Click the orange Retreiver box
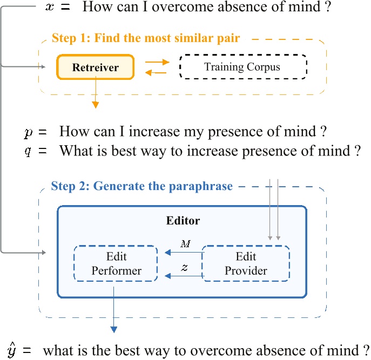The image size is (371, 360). click(x=95, y=68)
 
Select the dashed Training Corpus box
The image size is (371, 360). click(x=242, y=67)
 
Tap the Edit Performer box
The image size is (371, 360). click(x=116, y=263)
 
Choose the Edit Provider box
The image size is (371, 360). click(x=246, y=263)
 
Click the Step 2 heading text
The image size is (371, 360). click(x=141, y=187)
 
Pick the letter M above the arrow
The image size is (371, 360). click(x=185, y=244)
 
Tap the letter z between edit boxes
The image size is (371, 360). click(x=185, y=267)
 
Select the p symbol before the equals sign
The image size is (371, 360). click(x=28, y=132)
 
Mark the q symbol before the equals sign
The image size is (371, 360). click(x=28, y=151)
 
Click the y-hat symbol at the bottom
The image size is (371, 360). click(x=11, y=349)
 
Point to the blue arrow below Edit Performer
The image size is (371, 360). click(x=114, y=308)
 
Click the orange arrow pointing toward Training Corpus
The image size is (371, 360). click(x=157, y=62)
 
